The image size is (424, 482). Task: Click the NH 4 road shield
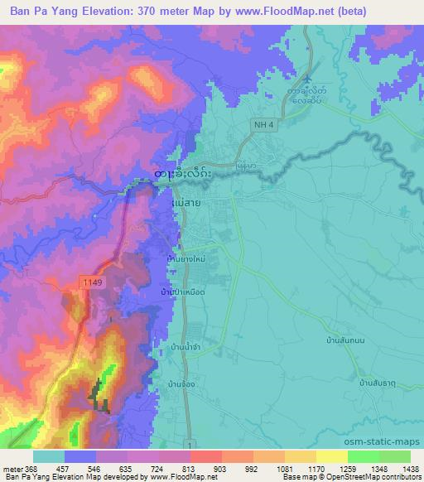click(x=262, y=124)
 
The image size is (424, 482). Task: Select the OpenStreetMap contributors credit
click(x=373, y=477)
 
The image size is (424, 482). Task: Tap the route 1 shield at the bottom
click(x=191, y=446)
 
